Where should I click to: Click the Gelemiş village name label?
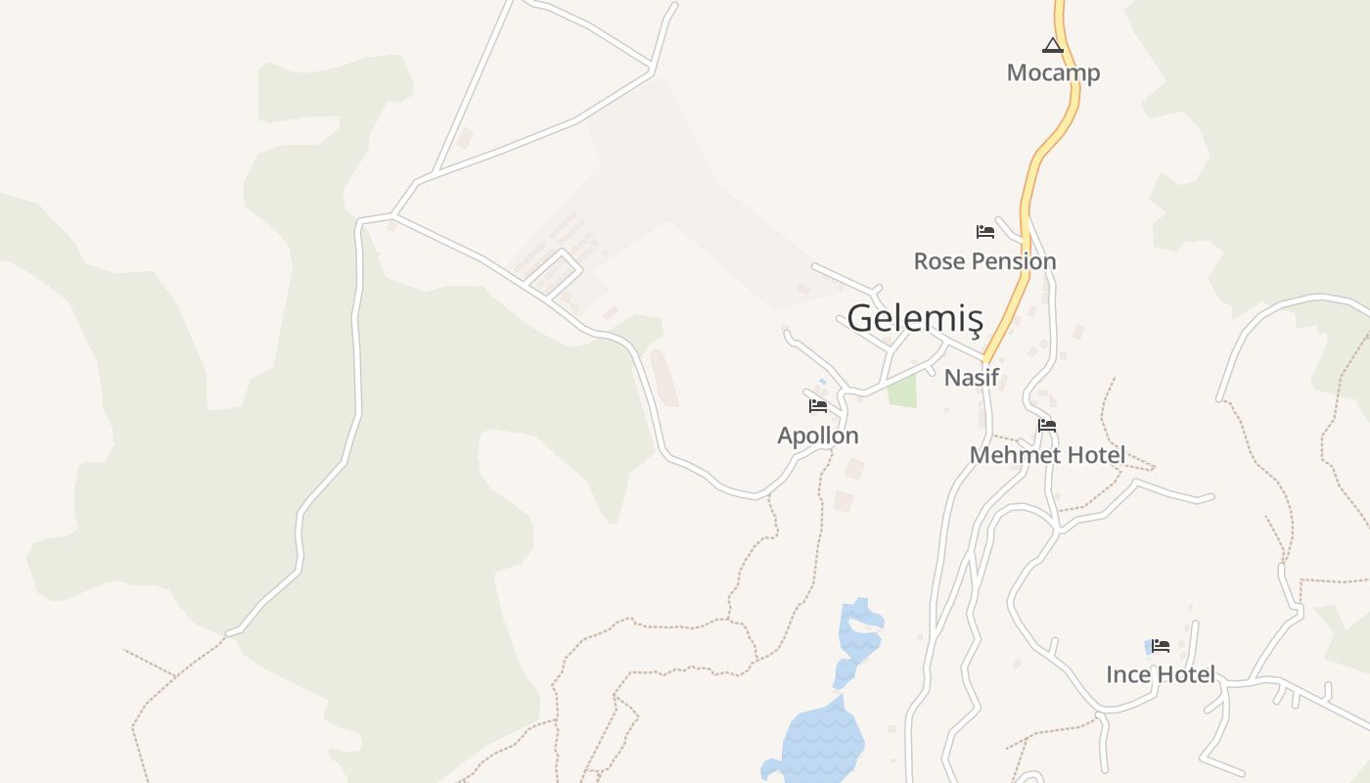click(x=915, y=318)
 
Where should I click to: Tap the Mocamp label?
click(x=1053, y=72)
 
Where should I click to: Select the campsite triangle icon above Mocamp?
click(x=1052, y=45)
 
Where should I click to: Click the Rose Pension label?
click(x=984, y=261)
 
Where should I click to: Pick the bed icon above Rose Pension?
click(x=985, y=232)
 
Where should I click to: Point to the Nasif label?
click(x=971, y=377)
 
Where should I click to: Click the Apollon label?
click(x=818, y=436)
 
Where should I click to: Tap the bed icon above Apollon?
click(x=818, y=405)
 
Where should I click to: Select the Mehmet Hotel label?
click(x=1047, y=455)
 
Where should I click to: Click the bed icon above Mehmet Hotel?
click(x=1047, y=426)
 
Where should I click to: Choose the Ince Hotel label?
click(x=1161, y=674)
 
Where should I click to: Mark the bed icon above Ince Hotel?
click(x=1161, y=646)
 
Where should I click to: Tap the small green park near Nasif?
click(x=902, y=391)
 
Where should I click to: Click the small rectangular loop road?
click(x=555, y=274)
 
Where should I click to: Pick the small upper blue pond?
click(x=858, y=631)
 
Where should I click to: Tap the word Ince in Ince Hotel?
click(x=1128, y=674)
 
